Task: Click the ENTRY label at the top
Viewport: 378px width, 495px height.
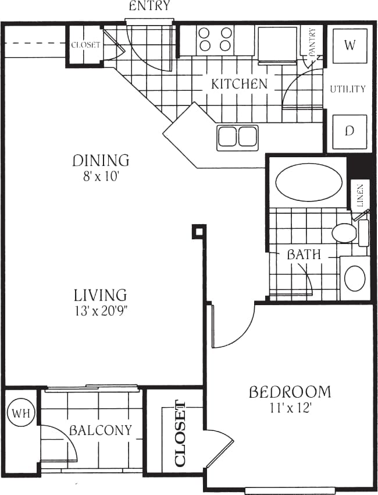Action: tap(149, 6)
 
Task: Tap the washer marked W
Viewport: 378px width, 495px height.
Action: tap(350, 45)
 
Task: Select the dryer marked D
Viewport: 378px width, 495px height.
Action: tap(350, 130)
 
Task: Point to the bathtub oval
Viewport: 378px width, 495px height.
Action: tap(308, 183)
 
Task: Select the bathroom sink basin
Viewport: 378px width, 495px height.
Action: tap(355, 279)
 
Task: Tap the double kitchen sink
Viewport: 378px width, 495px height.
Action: tap(237, 137)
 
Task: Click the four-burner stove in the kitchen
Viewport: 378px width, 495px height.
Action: tap(216, 39)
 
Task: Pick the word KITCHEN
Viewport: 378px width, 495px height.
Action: tap(239, 84)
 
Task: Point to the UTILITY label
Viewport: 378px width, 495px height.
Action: tap(348, 89)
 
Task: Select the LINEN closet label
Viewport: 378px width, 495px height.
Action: tap(360, 196)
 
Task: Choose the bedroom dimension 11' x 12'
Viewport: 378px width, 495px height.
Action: tap(290, 408)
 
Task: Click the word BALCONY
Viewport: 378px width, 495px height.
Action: tap(101, 431)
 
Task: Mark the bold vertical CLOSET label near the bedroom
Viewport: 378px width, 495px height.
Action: tap(180, 434)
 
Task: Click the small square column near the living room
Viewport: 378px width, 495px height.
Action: tap(199, 232)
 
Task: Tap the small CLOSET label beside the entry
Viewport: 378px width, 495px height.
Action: tap(85, 45)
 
